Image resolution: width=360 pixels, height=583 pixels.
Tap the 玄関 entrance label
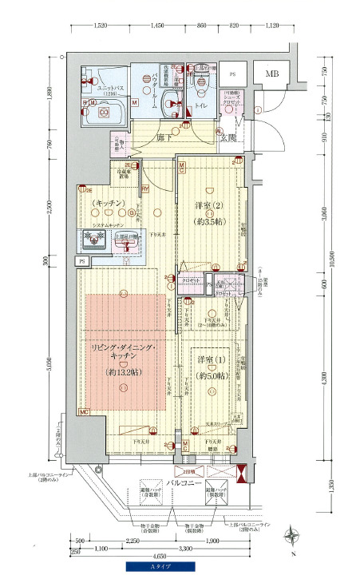pos(229,138)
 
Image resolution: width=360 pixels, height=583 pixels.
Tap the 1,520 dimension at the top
pos(101,26)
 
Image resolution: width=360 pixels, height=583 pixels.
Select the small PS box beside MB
pos(233,75)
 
